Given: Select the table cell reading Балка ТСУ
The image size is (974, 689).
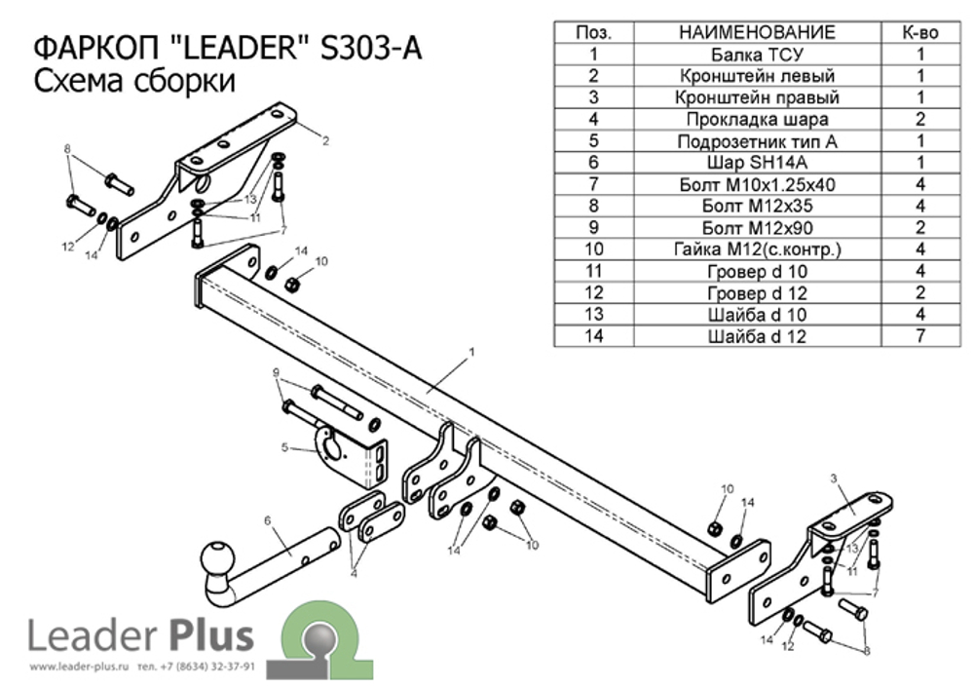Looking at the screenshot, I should [757, 54].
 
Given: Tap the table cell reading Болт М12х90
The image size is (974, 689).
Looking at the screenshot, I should [757, 227].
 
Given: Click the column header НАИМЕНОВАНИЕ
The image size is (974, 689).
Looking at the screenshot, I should [757, 32].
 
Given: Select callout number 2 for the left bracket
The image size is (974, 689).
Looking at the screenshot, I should [325, 140].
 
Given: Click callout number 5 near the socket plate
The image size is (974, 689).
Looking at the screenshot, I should [284, 448].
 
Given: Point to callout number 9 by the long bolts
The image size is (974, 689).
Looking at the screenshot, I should [276, 372].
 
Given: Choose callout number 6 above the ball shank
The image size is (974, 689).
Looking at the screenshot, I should [266, 520].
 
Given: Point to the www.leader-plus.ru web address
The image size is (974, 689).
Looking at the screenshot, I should [80, 668].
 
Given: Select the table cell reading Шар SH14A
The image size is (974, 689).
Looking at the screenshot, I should [757, 162].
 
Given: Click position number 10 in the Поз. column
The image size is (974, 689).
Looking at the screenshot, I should [594, 249].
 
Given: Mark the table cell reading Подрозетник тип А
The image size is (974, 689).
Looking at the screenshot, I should [757, 140].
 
